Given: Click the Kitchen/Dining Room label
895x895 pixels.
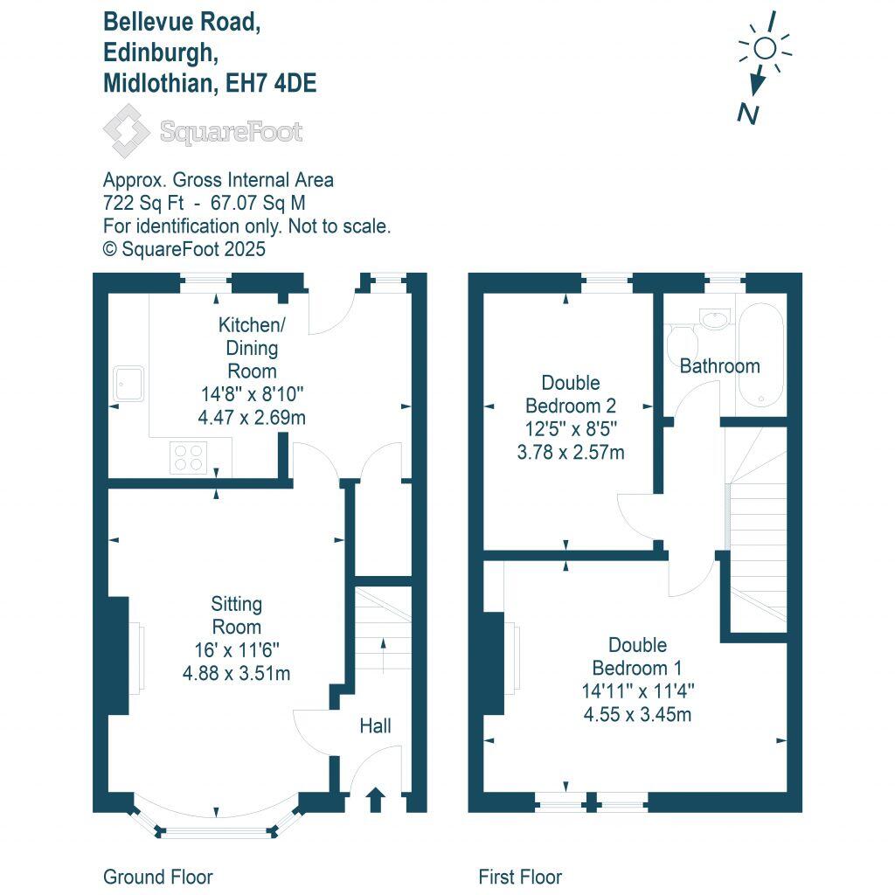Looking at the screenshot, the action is [x=252, y=348].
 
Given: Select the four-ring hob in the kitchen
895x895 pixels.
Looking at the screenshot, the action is [x=189, y=457].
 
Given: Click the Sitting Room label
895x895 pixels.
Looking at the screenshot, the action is [x=237, y=615].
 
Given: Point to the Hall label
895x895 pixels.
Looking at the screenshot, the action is [x=376, y=726].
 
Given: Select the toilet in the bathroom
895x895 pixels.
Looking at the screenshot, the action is [x=679, y=343].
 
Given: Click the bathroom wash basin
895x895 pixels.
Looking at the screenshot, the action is [x=716, y=319].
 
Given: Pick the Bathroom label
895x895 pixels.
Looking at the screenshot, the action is [x=719, y=365].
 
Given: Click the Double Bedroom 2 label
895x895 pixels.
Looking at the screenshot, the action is [x=570, y=394].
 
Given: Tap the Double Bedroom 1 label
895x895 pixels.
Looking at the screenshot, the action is [x=637, y=656].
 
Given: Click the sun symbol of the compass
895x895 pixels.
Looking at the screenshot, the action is [x=765, y=49].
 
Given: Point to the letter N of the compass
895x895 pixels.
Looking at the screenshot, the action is [x=747, y=113].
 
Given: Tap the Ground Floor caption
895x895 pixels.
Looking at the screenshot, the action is [x=158, y=877].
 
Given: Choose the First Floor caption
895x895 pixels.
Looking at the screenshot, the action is [x=520, y=877].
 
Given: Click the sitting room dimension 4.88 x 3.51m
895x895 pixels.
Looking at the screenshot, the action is [x=236, y=673].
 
